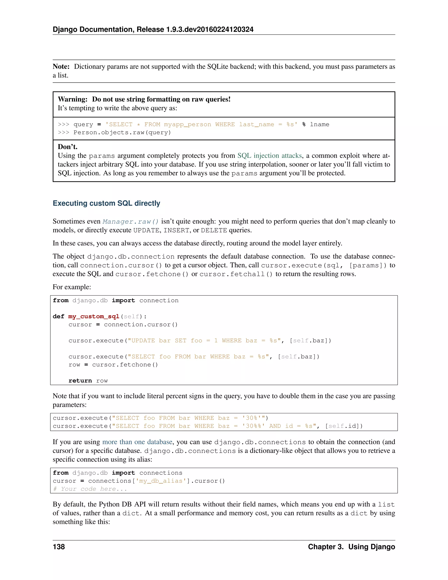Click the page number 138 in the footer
(59, 547)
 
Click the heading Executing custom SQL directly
(107, 203)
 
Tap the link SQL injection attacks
(270, 156)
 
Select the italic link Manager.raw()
(131, 221)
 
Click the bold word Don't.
(68, 147)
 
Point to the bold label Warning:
(72, 99)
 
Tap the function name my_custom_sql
(94, 316)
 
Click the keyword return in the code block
(80, 381)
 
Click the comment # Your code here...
(90, 489)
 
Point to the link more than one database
(137, 442)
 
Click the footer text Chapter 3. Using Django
(351, 547)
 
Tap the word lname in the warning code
(320, 125)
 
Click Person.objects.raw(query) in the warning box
(122, 132)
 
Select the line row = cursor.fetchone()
(113, 365)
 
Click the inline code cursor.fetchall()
(236, 274)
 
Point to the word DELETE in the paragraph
(214, 230)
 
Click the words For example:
(72, 287)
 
